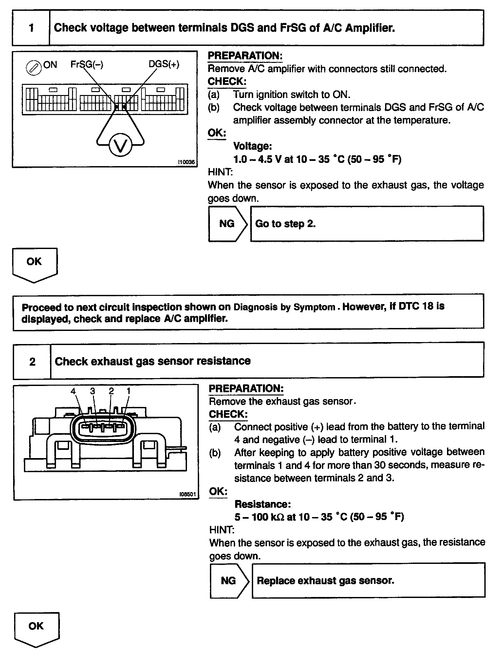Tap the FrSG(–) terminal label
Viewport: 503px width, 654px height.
tap(87, 65)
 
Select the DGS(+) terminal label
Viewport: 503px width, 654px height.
tap(164, 64)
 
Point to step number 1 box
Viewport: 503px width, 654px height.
tap(31, 28)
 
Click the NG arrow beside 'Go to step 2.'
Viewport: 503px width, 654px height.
tap(227, 224)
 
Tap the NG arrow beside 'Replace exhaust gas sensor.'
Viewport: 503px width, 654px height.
tap(229, 581)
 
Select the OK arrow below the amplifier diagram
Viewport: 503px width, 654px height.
tap(34, 264)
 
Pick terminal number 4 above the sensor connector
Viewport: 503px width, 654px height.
tap(73, 391)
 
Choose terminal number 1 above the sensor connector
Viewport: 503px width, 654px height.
tap(129, 391)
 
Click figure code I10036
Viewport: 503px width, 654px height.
tap(186, 162)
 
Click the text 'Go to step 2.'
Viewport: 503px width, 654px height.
tap(285, 224)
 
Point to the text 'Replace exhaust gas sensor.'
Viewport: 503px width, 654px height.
tap(325, 581)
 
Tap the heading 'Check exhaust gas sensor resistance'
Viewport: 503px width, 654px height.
tap(153, 361)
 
